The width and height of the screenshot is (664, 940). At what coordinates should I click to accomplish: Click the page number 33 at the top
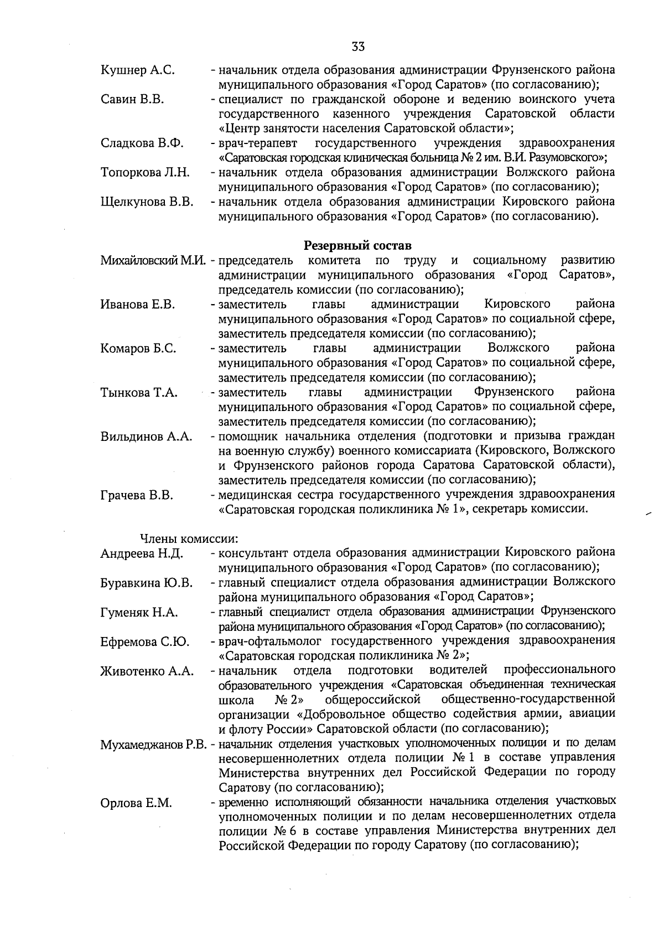(358, 47)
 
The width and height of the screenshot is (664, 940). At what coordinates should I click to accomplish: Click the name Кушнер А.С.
(138, 70)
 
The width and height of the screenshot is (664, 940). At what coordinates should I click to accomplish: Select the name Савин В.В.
(132, 100)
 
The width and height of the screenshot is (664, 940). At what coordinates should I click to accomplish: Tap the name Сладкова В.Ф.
(142, 143)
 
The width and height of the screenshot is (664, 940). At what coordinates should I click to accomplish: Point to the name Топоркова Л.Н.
(145, 172)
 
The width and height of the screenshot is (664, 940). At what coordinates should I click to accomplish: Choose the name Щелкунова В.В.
(147, 202)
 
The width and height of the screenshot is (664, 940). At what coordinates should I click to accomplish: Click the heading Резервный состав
(357, 245)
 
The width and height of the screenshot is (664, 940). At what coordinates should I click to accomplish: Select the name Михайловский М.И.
(153, 260)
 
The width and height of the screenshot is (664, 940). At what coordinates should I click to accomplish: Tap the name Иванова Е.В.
(138, 304)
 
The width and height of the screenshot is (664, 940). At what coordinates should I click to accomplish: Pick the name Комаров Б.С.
(138, 348)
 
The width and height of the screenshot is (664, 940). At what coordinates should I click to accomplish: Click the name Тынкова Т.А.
(139, 393)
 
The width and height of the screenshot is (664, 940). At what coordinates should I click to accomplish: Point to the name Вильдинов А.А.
(146, 436)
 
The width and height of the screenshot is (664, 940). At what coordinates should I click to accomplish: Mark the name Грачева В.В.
(137, 495)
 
